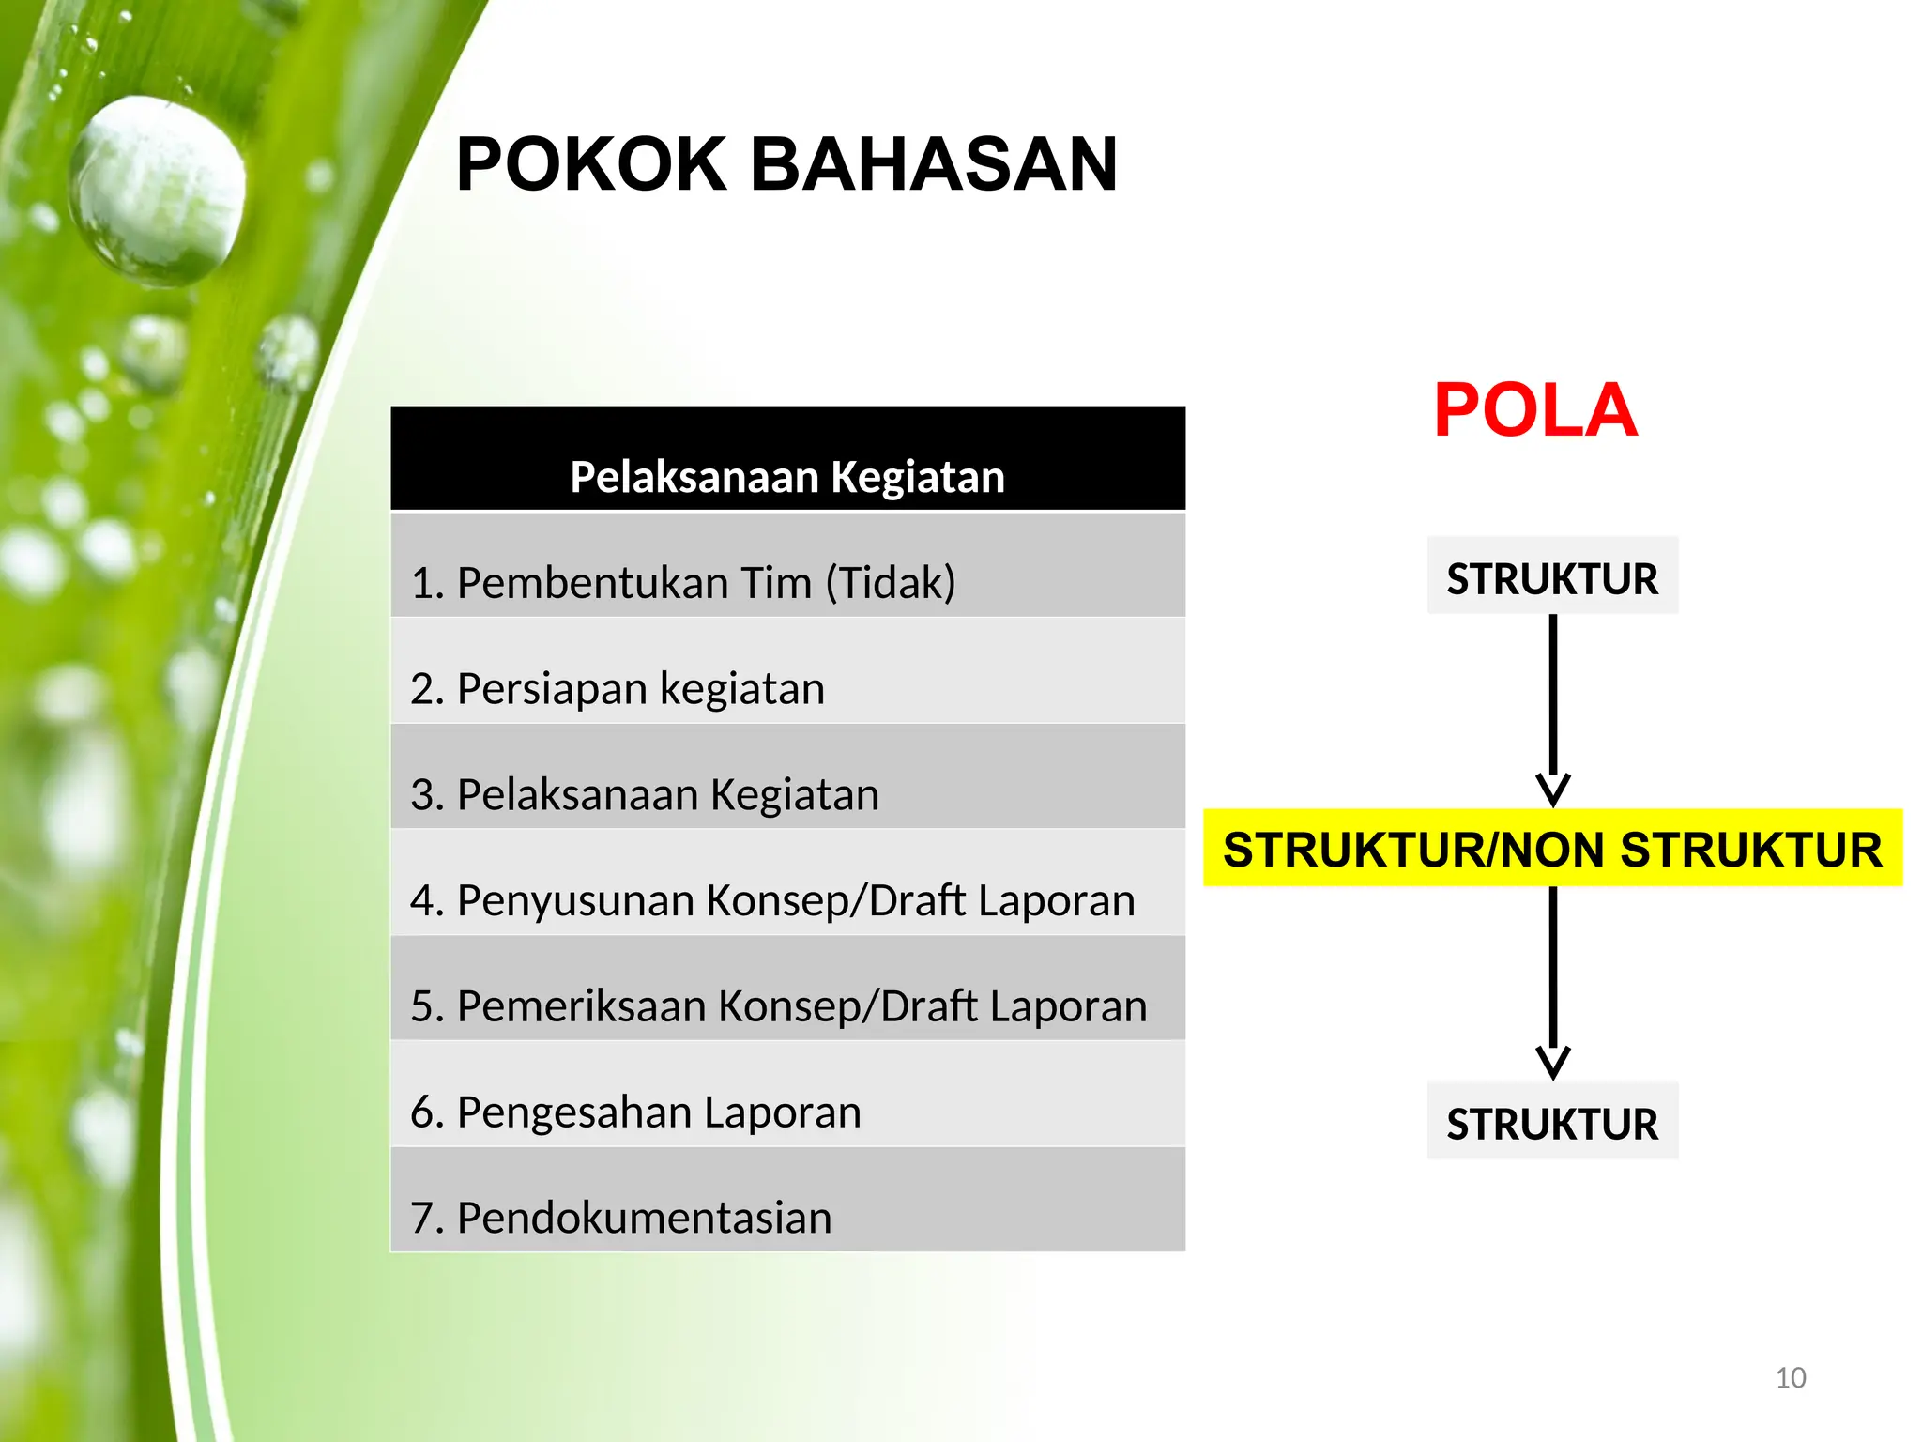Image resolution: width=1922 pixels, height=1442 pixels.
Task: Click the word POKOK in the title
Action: click(x=591, y=164)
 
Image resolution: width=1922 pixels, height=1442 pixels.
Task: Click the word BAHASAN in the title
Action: click(x=933, y=164)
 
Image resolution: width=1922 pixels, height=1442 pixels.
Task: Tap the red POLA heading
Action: click(x=1534, y=410)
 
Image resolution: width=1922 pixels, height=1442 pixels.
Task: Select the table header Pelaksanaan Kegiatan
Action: click(x=787, y=477)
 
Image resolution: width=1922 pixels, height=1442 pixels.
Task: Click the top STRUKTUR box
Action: click(x=1552, y=576)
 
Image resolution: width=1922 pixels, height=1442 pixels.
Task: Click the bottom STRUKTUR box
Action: click(x=1552, y=1122)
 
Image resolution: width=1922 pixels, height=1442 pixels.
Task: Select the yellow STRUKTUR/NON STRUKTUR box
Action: click(x=1552, y=848)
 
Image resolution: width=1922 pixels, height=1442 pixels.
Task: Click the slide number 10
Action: click(x=1791, y=1377)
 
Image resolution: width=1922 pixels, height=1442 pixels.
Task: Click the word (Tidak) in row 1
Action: click(x=891, y=582)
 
